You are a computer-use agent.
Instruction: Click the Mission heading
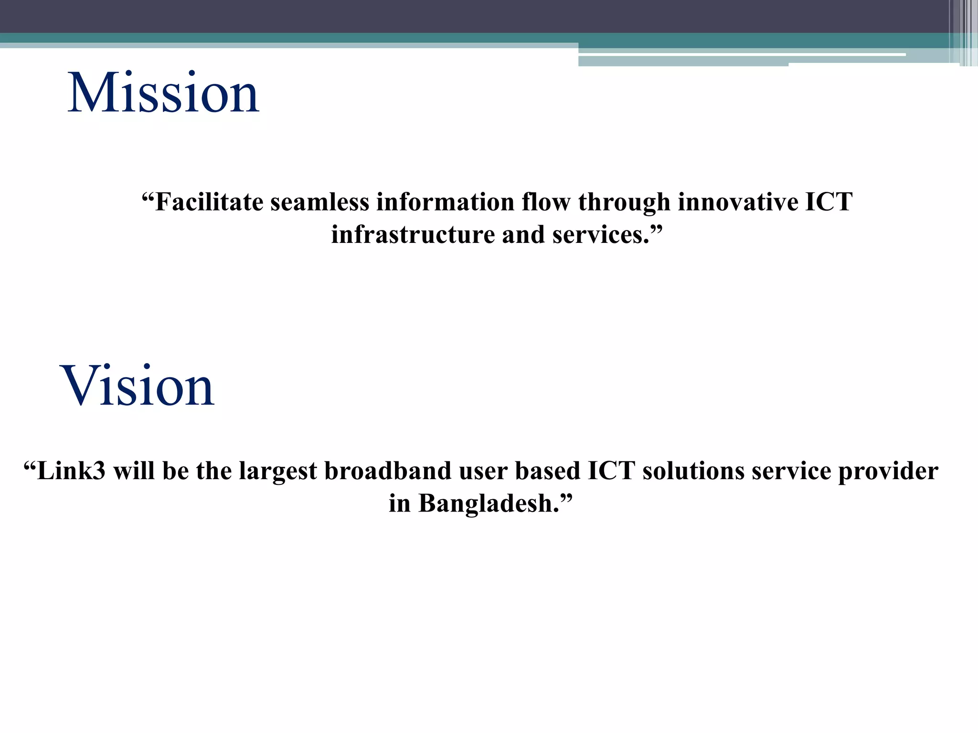pyautogui.click(x=163, y=93)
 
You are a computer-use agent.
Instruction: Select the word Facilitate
pyautogui.click(x=209, y=202)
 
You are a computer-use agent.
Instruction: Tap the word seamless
pyautogui.click(x=319, y=202)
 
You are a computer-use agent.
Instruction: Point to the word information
pyautogui.click(x=445, y=202)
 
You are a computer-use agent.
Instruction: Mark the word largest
pyautogui.click(x=278, y=472)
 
